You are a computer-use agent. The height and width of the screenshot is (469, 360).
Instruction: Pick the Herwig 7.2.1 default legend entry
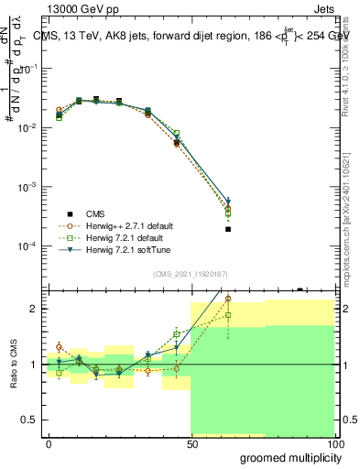pyautogui.click(x=120, y=237)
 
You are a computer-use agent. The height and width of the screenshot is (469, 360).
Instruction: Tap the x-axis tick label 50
pyautogui.click(x=191, y=443)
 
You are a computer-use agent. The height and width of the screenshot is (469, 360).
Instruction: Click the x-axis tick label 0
pyautogui.click(x=49, y=443)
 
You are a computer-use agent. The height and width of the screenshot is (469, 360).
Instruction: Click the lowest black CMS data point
pyautogui.click(x=228, y=229)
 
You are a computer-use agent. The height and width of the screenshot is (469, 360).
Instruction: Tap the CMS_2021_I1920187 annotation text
pyautogui.click(x=190, y=272)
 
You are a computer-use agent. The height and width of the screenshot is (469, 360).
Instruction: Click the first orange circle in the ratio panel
pyautogui.click(x=59, y=347)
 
